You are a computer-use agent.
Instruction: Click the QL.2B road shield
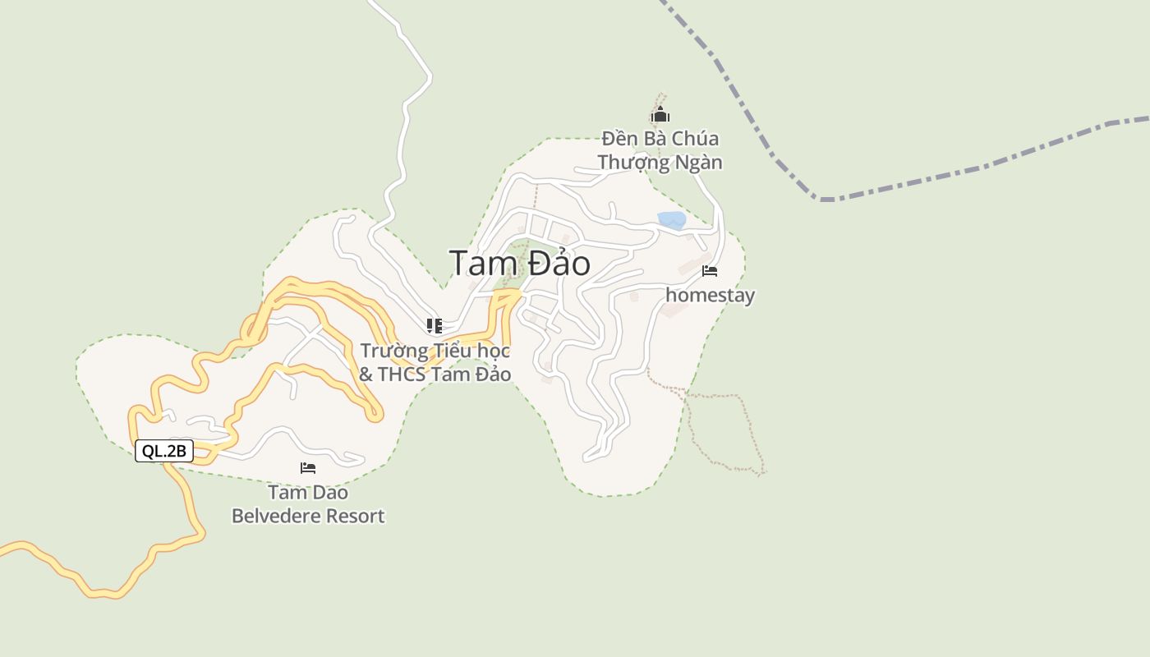pyautogui.click(x=164, y=451)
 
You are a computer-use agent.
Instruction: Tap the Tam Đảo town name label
pyautogui.click(x=519, y=264)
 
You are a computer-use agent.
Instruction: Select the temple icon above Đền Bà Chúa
pyautogui.click(x=660, y=115)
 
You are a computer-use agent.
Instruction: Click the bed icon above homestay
pyautogui.click(x=710, y=271)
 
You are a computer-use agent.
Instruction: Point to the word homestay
pyautogui.click(x=710, y=295)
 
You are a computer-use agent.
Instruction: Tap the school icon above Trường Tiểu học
pyautogui.click(x=435, y=326)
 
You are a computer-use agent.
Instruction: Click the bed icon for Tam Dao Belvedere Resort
pyautogui.click(x=308, y=468)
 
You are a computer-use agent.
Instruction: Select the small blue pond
pyautogui.click(x=672, y=220)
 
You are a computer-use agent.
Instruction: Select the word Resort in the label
pyautogui.click(x=356, y=517)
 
